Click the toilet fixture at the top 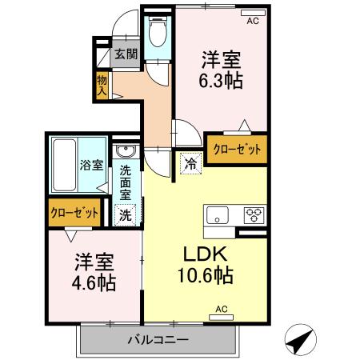(158, 34)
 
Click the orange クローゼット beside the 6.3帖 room (236, 150)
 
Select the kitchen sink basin (218, 214)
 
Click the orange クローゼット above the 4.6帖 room (74, 214)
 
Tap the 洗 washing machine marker (126, 214)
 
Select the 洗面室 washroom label (126, 182)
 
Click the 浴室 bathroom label (90, 166)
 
